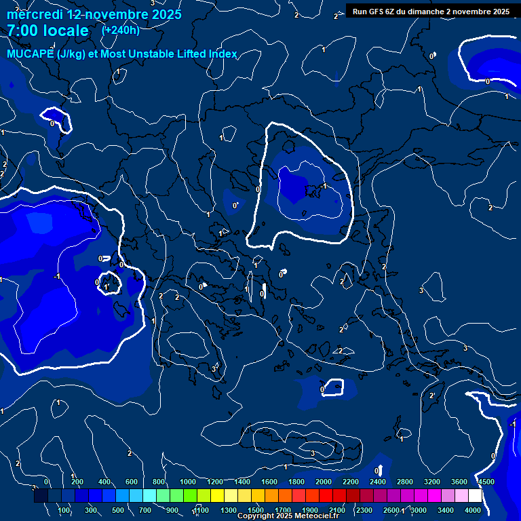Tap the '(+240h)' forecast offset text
(x=120, y=30)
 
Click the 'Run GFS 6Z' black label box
(x=430, y=12)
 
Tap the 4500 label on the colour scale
(x=486, y=482)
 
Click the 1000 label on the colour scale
(x=188, y=482)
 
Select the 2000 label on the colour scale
(x=324, y=482)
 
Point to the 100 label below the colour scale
(x=64, y=510)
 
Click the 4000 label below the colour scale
(x=473, y=510)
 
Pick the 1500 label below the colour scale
(x=256, y=510)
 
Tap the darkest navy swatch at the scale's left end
(x=41, y=496)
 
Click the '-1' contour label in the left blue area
(x=56, y=276)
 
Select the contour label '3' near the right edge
(x=465, y=348)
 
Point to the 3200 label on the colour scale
(x=432, y=482)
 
